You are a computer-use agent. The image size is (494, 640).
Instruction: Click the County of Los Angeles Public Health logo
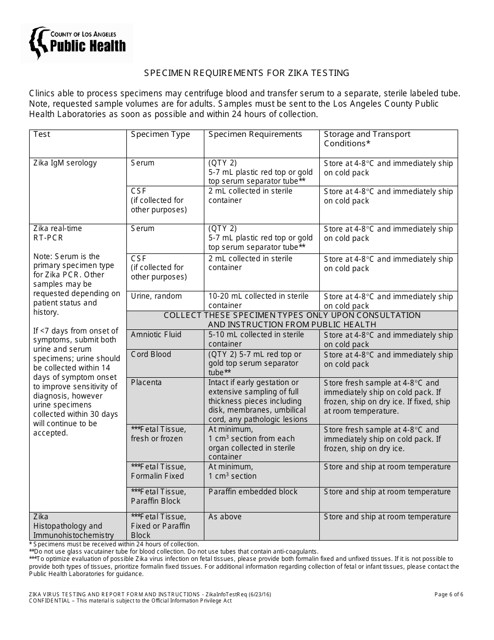click(x=77, y=44)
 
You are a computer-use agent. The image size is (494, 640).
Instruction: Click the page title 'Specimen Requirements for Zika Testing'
click(x=246, y=73)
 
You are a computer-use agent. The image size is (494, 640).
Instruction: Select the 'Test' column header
click(x=42, y=134)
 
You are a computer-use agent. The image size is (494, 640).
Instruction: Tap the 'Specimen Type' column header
click(x=160, y=134)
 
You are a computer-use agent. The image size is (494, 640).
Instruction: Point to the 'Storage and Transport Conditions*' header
click(x=367, y=139)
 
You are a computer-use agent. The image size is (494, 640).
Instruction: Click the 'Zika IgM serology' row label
click(x=65, y=163)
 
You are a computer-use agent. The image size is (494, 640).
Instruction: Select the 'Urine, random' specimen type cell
click(x=157, y=296)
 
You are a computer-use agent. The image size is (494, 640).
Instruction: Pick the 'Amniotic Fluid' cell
click(x=156, y=335)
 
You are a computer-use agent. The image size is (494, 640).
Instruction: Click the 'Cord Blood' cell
click(x=151, y=354)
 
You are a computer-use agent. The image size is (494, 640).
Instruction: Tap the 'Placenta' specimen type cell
click(x=146, y=382)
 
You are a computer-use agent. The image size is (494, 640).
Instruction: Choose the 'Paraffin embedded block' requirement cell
click(x=253, y=492)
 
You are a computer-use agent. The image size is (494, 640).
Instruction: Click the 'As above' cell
click(x=225, y=517)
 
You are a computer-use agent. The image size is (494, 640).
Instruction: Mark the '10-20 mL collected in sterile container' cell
click(x=258, y=301)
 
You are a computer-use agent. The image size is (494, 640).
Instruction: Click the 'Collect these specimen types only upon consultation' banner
click(x=292, y=319)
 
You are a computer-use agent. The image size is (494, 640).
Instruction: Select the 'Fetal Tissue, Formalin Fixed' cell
click(x=158, y=471)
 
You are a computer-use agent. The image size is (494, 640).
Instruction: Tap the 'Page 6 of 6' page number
click(x=449, y=594)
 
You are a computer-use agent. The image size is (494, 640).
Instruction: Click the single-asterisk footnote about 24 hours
click(x=114, y=544)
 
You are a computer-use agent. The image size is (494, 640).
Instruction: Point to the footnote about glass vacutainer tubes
click(x=174, y=552)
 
